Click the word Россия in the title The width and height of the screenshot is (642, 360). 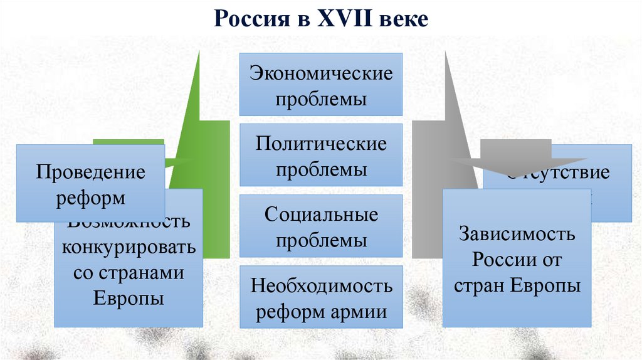click(247, 19)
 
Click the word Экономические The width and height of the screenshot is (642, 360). click(321, 73)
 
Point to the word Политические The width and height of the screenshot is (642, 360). click(321, 144)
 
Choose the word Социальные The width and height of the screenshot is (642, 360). click(321, 214)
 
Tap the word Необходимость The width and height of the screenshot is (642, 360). click(321, 286)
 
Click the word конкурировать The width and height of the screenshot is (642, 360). click(129, 246)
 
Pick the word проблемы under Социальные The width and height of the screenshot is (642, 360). click(321, 241)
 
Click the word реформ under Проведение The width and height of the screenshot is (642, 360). click(90, 198)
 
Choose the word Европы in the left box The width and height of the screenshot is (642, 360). click(129, 297)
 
